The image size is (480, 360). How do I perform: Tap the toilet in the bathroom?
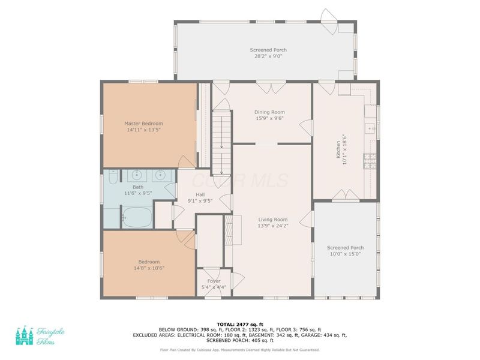113,178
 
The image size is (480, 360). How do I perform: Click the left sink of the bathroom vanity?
136,176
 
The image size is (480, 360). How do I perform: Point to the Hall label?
200,194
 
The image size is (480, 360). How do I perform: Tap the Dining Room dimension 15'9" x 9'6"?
269,119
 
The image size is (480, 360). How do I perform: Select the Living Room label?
273,220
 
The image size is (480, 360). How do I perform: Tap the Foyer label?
214,281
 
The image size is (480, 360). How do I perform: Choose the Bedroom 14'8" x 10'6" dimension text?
149,268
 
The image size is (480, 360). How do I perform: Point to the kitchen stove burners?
370,160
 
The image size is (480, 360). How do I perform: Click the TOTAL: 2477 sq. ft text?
239,324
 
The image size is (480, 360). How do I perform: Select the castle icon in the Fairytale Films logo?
24,335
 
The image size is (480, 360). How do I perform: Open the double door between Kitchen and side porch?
344,196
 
